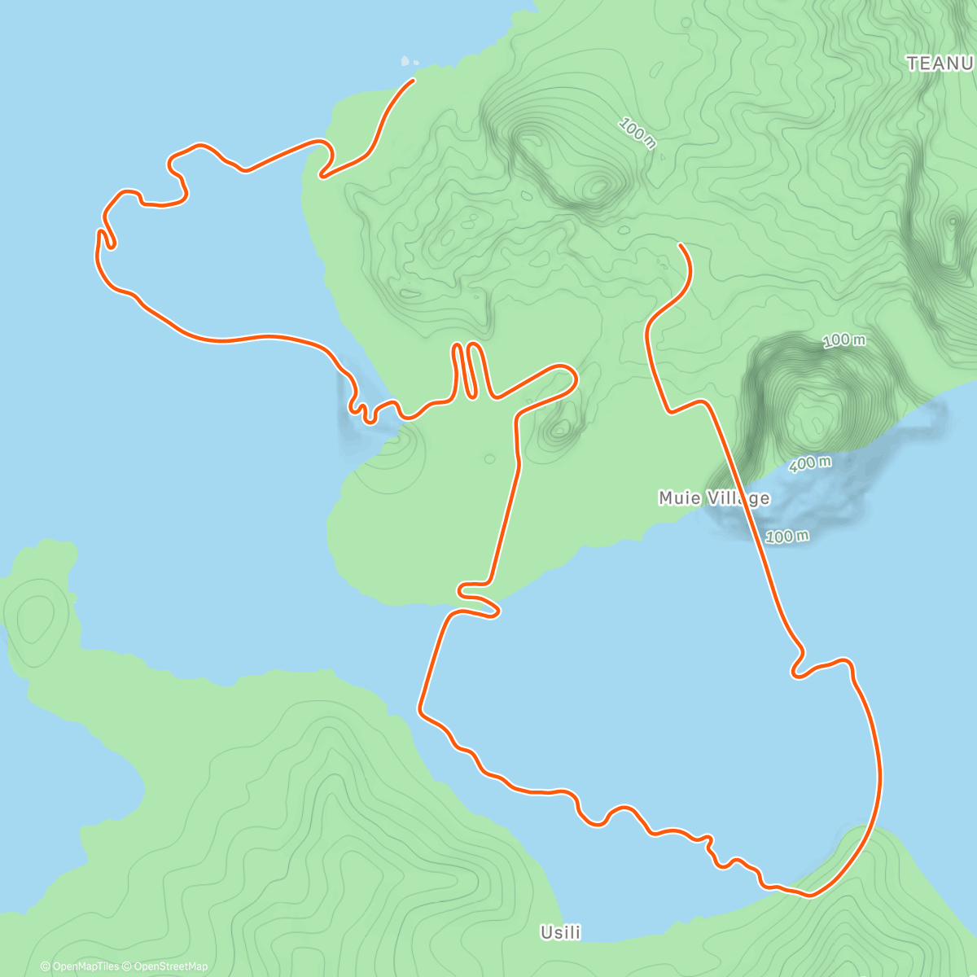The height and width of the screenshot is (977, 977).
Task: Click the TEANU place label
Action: pos(940,64)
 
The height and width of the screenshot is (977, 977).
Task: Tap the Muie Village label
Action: pos(714,497)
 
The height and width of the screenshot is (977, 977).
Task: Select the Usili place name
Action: pos(561,932)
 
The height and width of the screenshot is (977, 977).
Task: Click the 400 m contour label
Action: pos(810,464)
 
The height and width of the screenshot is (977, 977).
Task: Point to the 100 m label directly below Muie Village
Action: pos(787,537)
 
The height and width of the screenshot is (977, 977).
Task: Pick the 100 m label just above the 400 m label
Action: pos(843,340)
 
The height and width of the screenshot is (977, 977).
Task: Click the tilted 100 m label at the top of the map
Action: pos(637,134)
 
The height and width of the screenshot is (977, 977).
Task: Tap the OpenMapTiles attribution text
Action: pos(80,966)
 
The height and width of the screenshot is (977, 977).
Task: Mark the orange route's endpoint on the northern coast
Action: pos(414,80)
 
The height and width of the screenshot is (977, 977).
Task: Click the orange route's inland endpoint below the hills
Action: pos(680,244)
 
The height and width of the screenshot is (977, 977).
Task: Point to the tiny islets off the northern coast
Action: pos(409,61)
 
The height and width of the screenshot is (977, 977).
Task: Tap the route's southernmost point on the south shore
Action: pos(808,895)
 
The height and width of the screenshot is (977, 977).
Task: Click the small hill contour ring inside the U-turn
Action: pos(559,430)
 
